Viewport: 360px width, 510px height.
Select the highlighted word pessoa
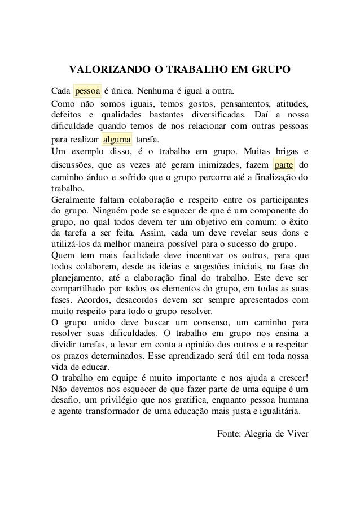tap(87, 90)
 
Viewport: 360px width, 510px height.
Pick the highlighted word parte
tap(283, 166)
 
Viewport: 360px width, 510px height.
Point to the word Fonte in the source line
tap(229, 434)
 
